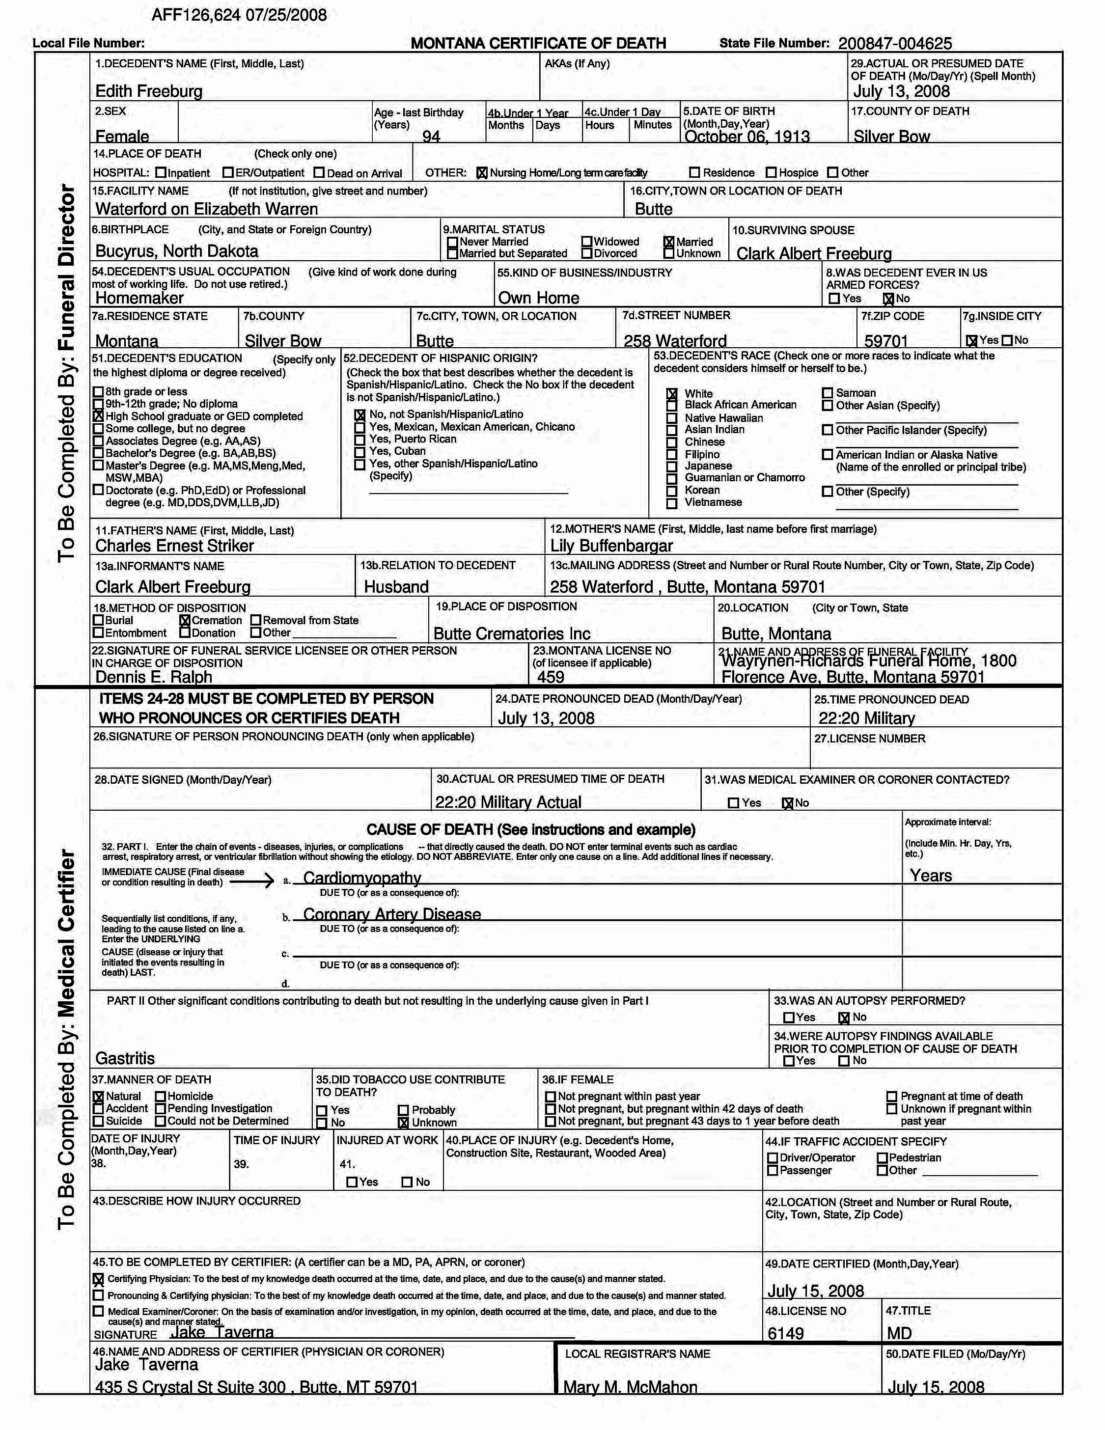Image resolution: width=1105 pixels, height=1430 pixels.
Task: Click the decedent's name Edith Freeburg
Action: coord(149,91)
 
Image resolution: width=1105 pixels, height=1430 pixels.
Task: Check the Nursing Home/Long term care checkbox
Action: coord(482,173)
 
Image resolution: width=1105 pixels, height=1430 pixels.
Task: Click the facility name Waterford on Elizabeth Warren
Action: coord(206,209)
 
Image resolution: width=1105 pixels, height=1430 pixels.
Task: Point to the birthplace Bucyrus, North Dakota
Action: coord(177,251)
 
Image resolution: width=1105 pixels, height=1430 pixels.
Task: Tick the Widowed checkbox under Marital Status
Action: coord(587,242)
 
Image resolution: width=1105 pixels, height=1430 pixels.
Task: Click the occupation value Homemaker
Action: coord(139,298)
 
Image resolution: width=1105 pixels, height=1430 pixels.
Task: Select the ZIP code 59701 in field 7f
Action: coord(885,341)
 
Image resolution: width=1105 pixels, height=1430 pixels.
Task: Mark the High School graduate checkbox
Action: coord(98,416)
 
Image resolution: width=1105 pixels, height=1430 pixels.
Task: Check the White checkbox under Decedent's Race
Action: coord(672,393)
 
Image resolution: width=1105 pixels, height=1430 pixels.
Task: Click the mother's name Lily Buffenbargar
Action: coord(611,546)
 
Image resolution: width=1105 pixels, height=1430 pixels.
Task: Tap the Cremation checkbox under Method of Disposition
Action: coord(185,620)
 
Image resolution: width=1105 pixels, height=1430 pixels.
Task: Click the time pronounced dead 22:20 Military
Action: coord(866,718)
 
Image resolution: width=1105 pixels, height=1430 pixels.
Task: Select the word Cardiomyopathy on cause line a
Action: coord(362,878)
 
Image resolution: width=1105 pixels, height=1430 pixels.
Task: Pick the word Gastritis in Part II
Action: coord(125,1058)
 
